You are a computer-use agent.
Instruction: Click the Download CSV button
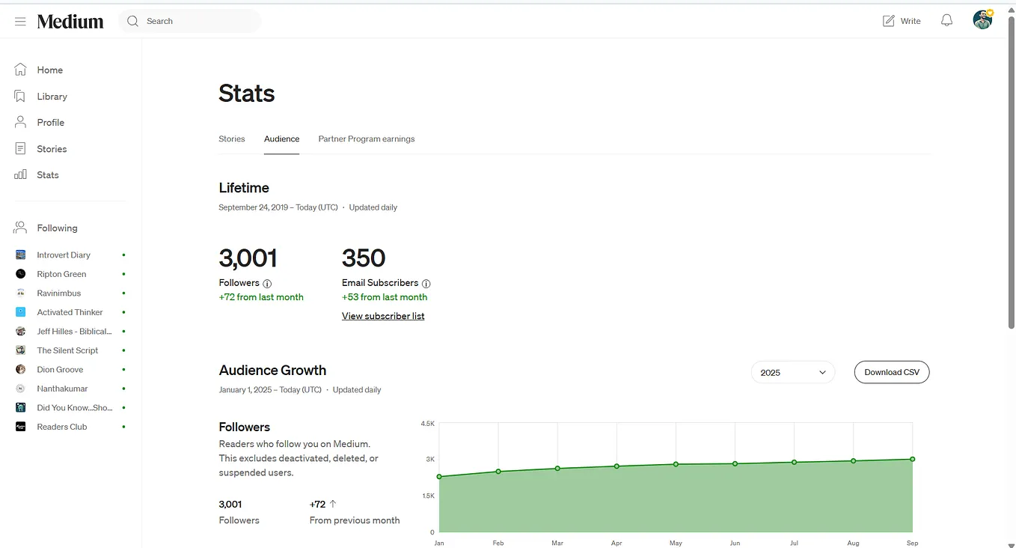[891, 372]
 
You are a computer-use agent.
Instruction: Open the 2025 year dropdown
[792, 372]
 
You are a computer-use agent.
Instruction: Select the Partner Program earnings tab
[366, 138]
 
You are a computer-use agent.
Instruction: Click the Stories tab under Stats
[232, 138]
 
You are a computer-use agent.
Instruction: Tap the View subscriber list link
[383, 316]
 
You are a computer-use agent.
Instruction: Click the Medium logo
[70, 21]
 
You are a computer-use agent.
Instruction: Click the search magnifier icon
[132, 21]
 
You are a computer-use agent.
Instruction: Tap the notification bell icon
[946, 20]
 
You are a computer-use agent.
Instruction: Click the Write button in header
[902, 21]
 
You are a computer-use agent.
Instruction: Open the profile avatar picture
[982, 20]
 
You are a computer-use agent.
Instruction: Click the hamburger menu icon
[20, 21]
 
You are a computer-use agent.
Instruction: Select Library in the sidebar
[52, 97]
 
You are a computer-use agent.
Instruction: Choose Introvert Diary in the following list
[64, 255]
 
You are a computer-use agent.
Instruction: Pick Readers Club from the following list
[62, 427]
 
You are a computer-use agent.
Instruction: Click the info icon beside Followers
[267, 284]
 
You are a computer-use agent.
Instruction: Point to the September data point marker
[912, 459]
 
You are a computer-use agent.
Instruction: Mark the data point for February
[498, 472]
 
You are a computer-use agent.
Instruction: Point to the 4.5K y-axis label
[428, 424]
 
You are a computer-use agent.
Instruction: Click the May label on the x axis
[676, 543]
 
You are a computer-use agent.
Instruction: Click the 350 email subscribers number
[364, 258]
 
